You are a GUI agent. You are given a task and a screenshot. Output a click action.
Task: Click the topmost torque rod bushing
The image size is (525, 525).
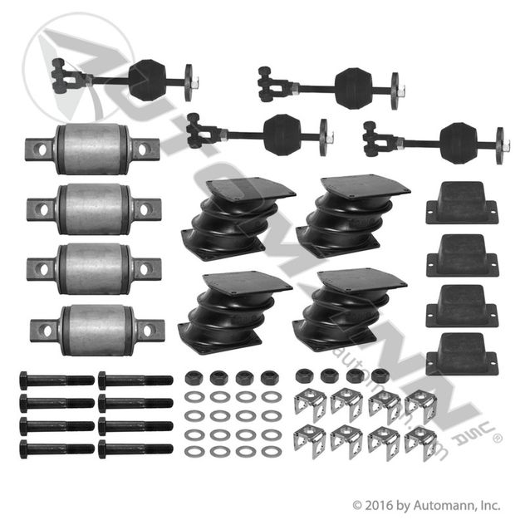point(92,149)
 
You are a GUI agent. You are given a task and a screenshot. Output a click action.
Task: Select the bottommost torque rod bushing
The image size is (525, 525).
point(97,330)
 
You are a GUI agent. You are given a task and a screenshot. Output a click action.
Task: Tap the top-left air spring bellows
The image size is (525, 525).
point(238,214)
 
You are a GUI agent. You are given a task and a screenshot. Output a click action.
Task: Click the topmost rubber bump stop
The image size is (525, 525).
point(462,203)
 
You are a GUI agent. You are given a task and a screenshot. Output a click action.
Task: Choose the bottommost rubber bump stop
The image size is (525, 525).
point(462,354)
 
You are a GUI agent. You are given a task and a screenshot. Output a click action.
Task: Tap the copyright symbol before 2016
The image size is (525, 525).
point(357,506)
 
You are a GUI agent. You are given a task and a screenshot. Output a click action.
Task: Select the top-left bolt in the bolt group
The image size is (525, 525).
point(57,380)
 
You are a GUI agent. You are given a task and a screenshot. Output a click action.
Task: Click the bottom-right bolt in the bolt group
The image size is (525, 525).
point(135,449)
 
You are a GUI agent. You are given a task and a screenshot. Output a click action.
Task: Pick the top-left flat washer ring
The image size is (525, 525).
point(194,397)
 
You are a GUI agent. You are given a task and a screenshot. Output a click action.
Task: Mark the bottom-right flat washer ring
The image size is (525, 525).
point(271,453)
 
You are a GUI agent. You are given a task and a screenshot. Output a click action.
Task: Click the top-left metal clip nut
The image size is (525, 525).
point(311,404)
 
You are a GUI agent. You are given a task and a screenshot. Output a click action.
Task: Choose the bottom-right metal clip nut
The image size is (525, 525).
point(420,443)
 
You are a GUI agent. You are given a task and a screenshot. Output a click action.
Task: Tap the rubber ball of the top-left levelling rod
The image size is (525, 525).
point(148,81)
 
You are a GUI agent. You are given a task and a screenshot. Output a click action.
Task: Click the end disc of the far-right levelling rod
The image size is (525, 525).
point(499,145)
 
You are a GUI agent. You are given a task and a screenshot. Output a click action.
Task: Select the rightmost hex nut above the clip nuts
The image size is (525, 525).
point(380,375)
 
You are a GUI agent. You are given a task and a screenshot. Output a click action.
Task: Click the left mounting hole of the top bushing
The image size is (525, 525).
point(42,150)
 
